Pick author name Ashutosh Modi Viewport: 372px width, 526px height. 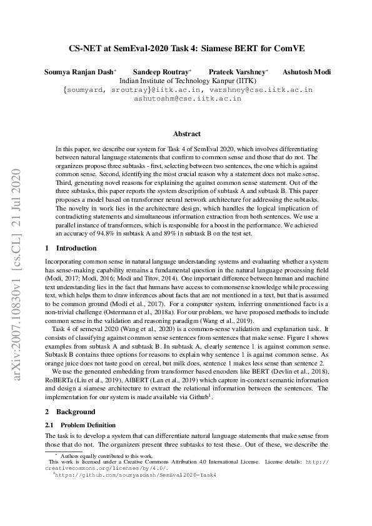pos(306,72)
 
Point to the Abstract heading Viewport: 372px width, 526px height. pos(186,134)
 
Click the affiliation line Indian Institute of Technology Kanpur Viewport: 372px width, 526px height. pos(186,81)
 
